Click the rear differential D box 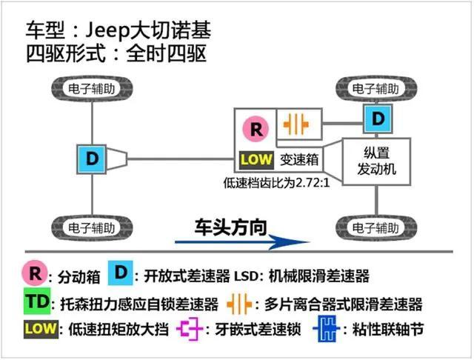93,158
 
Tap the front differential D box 378,119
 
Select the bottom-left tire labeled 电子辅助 93,225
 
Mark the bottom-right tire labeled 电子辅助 378,225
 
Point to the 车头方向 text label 230,225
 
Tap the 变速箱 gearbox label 299,159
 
